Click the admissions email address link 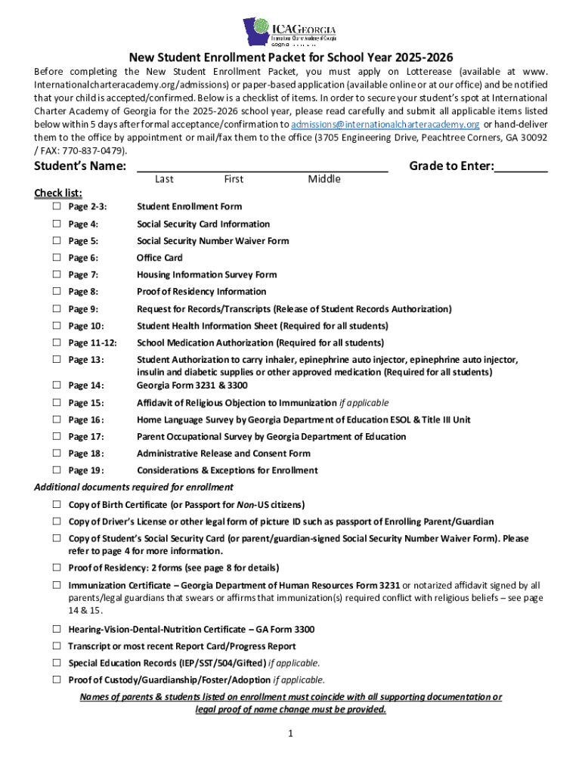pyautogui.click(x=385, y=124)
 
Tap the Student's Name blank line pyautogui.click(x=262, y=167)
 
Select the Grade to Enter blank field pyautogui.click(x=521, y=167)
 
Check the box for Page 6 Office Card pyautogui.click(x=57, y=258)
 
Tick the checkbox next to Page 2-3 pyautogui.click(x=57, y=206)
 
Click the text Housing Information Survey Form pyautogui.click(x=206, y=274)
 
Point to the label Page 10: pyautogui.click(x=86, y=326)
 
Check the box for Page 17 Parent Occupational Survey pyautogui.click(x=57, y=436)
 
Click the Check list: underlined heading pyautogui.click(x=58, y=193)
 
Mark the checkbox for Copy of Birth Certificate pyautogui.click(x=57, y=504)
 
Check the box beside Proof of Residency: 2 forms pyautogui.click(x=57, y=567)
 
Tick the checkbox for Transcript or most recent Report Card pyautogui.click(x=57, y=646)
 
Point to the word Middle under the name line pyautogui.click(x=324, y=179)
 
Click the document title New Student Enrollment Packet pyautogui.click(x=290, y=57)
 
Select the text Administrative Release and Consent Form pyautogui.click(x=223, y=454)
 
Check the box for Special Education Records pyautogui.click(x=57, y=663)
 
